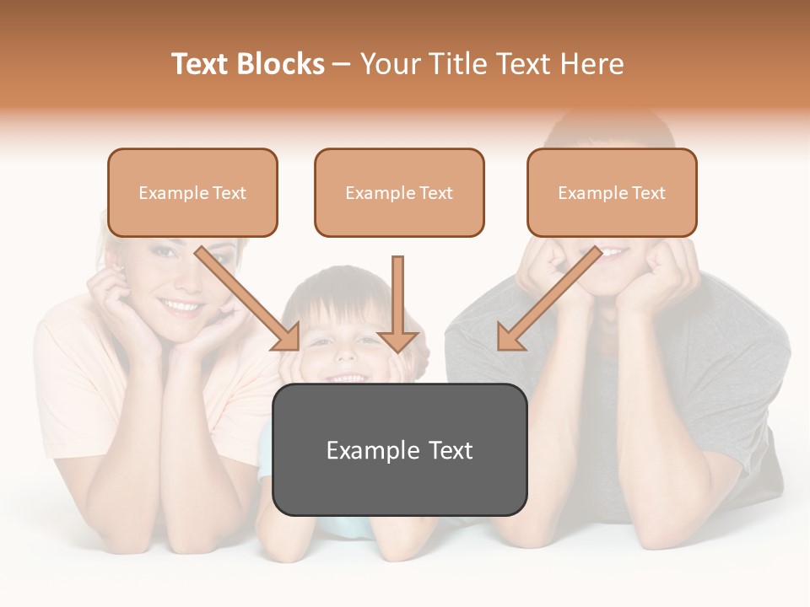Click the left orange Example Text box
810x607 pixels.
[x=192, y=192]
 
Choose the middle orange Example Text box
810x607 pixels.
[x=399, y=192]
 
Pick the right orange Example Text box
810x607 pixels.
[x=612, y=192]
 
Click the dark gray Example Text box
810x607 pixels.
[x=399, y=449]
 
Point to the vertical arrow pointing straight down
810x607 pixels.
[x=397, y=303]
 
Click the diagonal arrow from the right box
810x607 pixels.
[x=548, y=299]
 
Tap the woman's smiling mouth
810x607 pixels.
[x=181, y=305]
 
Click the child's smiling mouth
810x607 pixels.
[x=348, y=377]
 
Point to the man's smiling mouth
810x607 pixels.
[x=614, y=252]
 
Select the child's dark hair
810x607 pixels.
[x=337, y=287]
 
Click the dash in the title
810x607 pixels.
[x=343, y=65]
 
